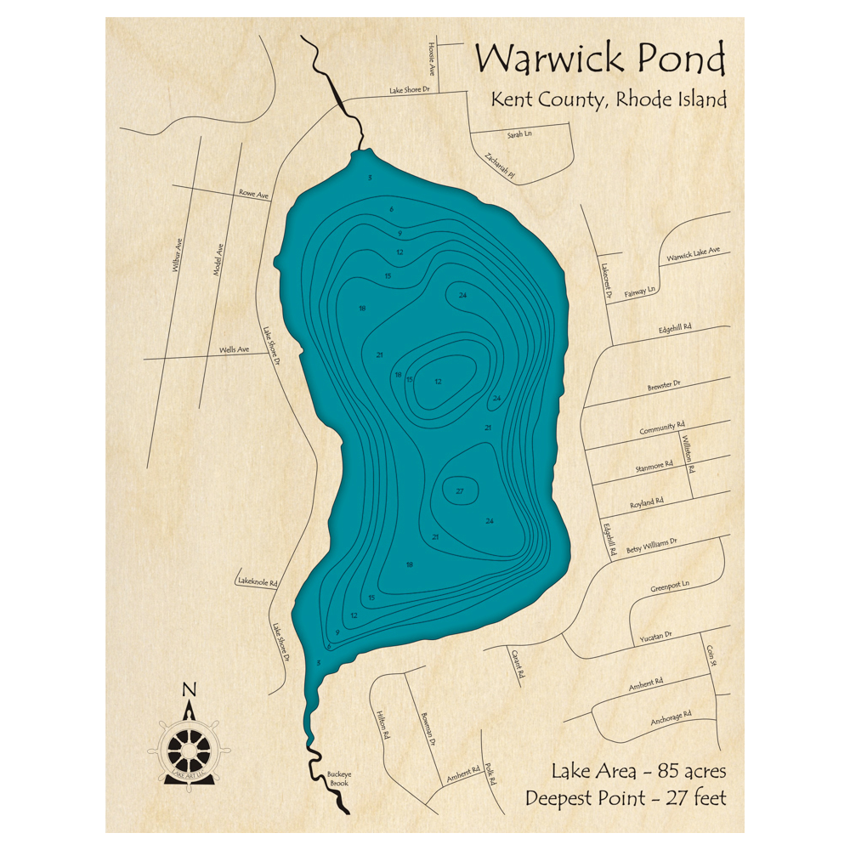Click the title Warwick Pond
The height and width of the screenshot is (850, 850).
click(600, 59)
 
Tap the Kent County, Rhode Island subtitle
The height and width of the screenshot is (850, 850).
click(608, 99)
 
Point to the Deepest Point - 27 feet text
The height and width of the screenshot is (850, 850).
click(626, 799)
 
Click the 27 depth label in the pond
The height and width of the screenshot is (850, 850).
click(460, 492)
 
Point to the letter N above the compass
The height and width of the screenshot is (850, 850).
click(189, 689)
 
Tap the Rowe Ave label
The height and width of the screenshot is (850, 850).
click(253, 195)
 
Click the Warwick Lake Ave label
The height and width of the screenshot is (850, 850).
click(693, 254)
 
